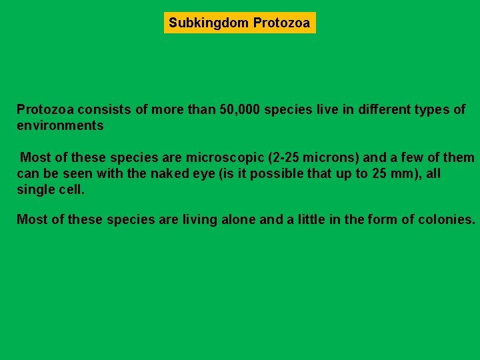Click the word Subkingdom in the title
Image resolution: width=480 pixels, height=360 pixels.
pos(209,23)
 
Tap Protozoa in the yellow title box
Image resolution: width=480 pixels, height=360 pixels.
pos(281,23)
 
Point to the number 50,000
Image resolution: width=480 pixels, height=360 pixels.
pos(239,109)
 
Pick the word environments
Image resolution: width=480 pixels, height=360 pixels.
pos(60,125)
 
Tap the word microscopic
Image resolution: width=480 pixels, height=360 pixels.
pos(225,158)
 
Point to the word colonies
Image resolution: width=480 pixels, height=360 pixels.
pos(447,219)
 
